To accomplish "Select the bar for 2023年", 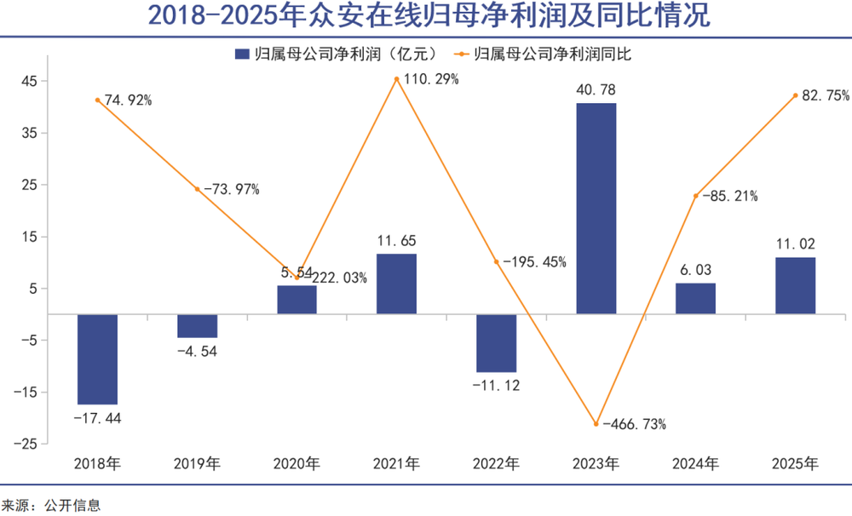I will [x=596, y=209].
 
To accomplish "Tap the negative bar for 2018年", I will [x=97, y=358].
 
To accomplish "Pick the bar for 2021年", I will [x=396, y=284].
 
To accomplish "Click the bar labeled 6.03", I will [x=695, y=298].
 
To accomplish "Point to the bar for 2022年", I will [x=497, y=343].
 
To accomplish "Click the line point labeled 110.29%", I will [x=397, y=80].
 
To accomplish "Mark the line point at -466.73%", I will [x=596, y=424].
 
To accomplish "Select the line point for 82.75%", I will [x=795, y=95].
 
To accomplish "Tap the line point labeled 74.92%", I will [x=98, y=100].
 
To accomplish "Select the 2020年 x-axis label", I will [x=296, y=465].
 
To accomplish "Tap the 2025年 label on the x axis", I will [x=795, y=465].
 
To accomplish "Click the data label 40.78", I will [x=596, y=90].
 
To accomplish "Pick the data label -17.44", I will [x=97, y=418].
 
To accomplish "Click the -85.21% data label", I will [x=730, y=196].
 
